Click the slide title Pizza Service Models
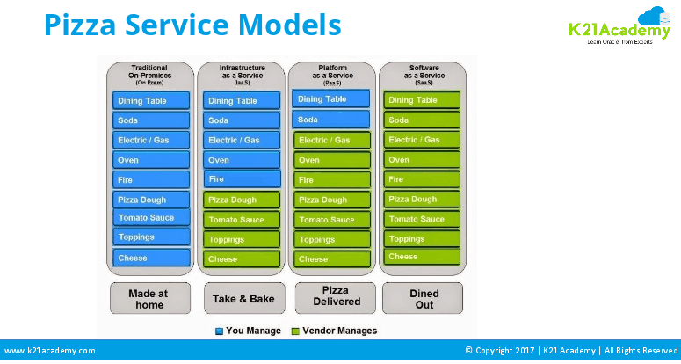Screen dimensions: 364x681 [x=192, y=25]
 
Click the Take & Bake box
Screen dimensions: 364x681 [x=243, y=299]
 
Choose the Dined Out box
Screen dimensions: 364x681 [x=424, y=296]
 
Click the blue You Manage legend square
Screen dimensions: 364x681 [x=220, y=331]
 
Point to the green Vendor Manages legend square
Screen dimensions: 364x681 [x=295, y=331]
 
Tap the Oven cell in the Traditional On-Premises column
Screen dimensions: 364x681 [x=151, y=160]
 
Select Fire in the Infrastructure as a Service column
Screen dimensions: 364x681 [x=243, y=178]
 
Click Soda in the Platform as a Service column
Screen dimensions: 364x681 [x=331, y=120]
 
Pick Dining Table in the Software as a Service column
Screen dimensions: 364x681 [x=422, y=100]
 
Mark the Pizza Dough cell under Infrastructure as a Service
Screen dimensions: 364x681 [x=243, y=200]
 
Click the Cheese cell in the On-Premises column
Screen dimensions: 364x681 [x=151, y=258]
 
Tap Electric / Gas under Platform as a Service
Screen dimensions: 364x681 [x=331, y=140]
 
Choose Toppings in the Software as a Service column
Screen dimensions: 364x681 [x=422, y=238]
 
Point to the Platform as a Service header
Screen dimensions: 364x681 [x=330, y=73]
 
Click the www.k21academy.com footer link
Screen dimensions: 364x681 [x=50, y=351]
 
